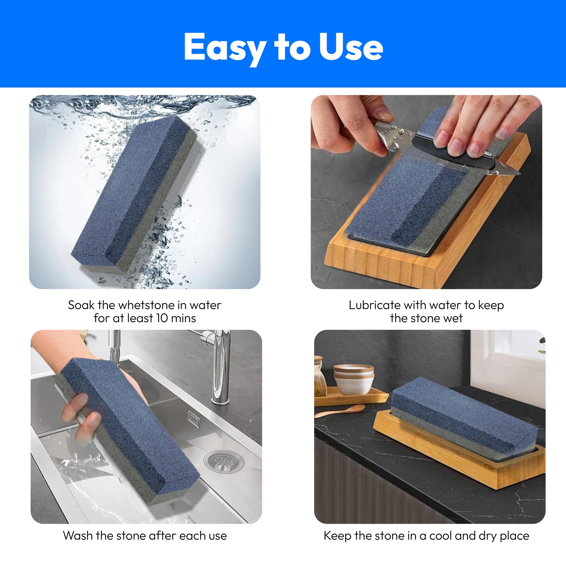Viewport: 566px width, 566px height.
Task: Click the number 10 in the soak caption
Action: pos(162,318)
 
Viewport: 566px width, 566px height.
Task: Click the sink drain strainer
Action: pos(224,462)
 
